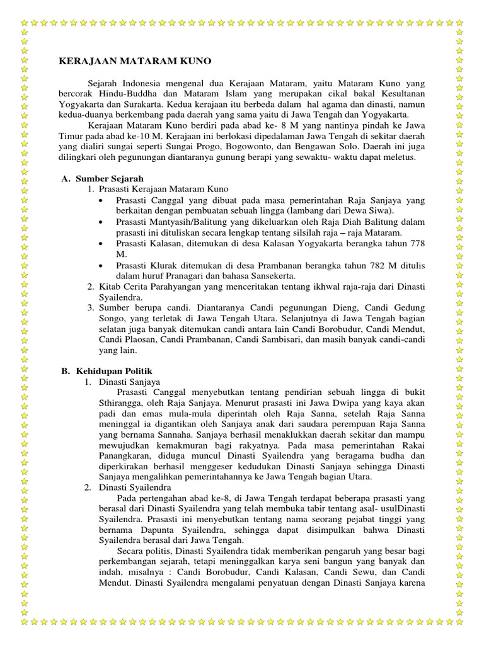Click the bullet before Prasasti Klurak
102,265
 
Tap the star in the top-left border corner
25,25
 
